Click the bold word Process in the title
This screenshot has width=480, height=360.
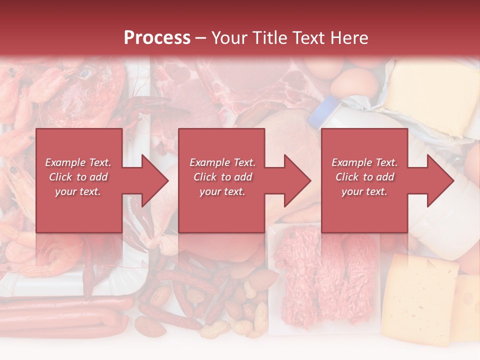point(157,37)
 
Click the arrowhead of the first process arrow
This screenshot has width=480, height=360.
point(155,180)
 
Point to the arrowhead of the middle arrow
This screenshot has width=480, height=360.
point(297,180)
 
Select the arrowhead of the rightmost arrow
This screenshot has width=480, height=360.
point(440,180)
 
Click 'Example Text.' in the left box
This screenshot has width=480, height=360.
point(78,162)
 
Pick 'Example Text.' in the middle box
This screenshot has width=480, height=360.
point(222,162)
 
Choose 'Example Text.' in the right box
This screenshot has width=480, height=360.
point(364,162)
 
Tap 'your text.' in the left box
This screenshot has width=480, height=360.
point(78,191)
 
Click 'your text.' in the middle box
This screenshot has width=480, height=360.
point(222,191)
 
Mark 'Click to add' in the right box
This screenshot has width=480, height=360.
point(364,177)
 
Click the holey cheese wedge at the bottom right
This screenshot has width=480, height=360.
point(420,295)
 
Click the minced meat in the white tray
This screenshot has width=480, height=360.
point(325,280)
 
